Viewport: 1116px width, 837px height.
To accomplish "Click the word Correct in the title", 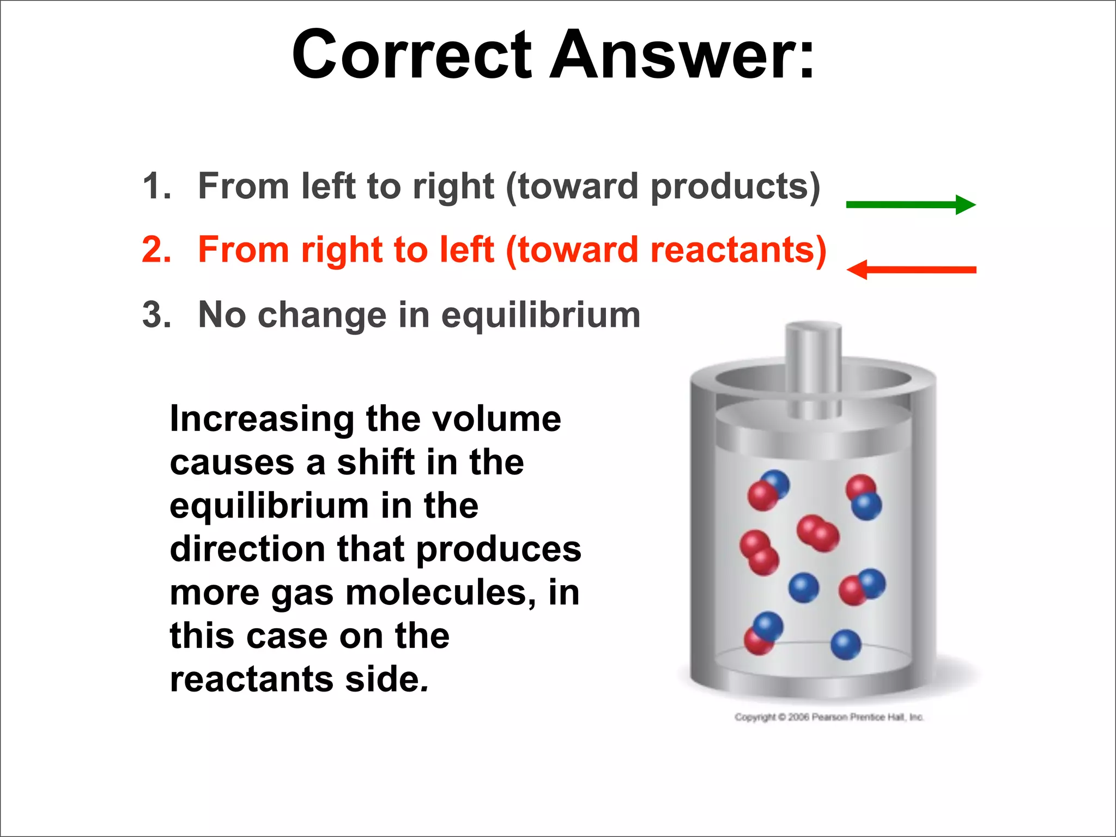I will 412,54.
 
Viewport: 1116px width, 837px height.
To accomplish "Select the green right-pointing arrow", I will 910,205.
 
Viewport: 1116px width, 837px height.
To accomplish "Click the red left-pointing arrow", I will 911,270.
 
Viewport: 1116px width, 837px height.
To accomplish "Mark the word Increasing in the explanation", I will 262,420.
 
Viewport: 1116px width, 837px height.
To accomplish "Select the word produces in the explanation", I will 499,550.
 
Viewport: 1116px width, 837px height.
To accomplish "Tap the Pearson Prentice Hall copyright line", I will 829,717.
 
